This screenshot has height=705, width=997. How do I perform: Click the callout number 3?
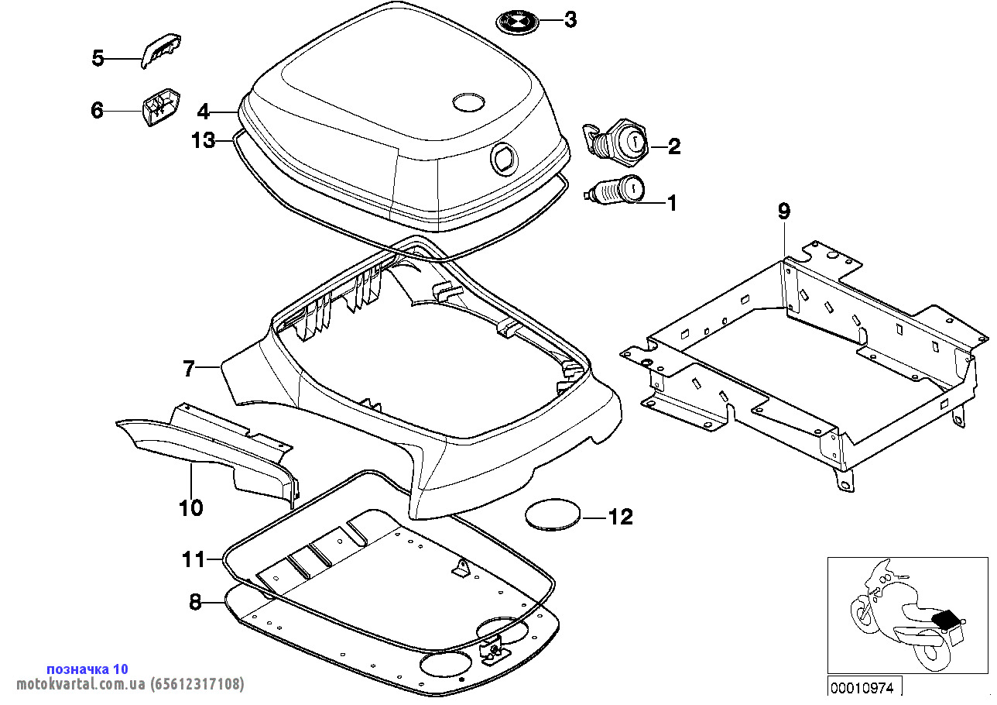570,20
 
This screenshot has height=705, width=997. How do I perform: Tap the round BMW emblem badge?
517,22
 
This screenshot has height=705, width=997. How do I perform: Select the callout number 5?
98,58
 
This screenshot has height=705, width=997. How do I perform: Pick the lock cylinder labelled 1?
616,190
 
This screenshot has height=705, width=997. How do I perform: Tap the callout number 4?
203,112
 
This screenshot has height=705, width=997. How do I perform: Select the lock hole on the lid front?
504,159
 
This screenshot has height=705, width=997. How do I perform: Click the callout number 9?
783,211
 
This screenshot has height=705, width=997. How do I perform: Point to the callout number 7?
190,370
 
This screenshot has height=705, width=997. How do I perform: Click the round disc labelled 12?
552,514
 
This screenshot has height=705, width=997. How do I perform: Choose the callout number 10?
190,508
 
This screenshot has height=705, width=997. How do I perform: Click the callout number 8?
195,601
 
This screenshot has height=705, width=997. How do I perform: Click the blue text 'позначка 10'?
87,669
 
